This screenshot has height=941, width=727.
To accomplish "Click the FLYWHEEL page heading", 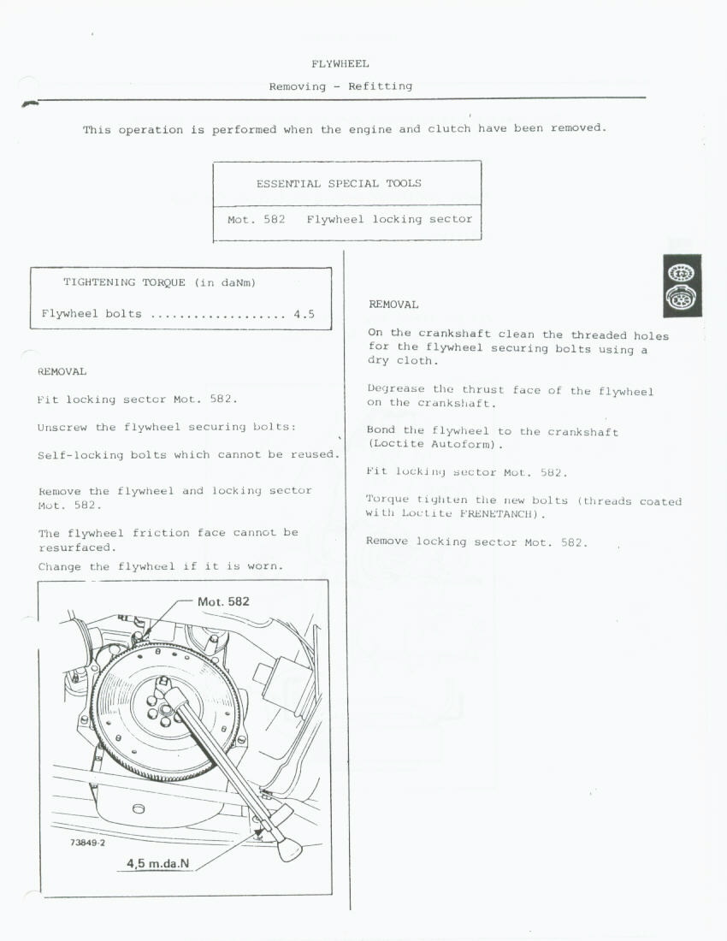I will tap(340, 63).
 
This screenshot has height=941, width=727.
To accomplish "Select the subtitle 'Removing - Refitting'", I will tap(340, 86).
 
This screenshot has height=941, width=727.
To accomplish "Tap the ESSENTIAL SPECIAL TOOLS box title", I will tap(339, 183).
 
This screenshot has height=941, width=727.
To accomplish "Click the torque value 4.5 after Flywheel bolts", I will tap(304, 314).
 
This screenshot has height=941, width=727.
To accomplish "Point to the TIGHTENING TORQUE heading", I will tap(160, 282).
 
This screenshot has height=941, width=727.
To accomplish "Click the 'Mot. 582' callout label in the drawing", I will tap(223, 601).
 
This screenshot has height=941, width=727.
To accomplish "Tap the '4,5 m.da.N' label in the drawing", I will tap(158, 863).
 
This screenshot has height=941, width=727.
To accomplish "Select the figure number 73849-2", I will tap(87, 843).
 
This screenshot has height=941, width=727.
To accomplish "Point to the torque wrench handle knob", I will tap(289, 848).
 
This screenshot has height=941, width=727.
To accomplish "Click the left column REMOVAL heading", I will tap(62, 371).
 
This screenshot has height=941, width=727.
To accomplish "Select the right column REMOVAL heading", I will tap(393, 305).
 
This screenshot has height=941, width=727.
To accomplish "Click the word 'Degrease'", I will tap(396, 390).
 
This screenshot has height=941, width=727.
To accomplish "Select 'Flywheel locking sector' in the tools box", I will tap(389, 220).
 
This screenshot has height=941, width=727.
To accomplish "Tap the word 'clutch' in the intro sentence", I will tap(449, 129).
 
